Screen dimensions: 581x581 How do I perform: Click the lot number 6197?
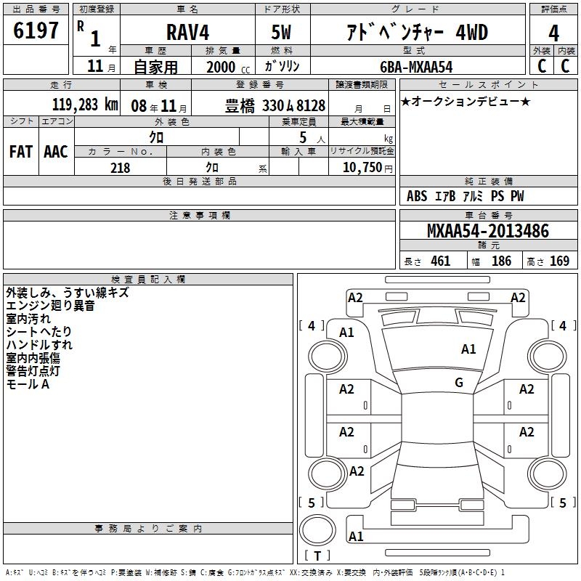[36, 31]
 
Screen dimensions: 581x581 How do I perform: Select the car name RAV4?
[187, 32]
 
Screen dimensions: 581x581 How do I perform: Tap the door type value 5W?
[281, 32]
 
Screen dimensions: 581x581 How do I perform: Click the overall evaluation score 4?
[553, 33]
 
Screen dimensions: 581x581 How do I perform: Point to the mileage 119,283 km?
[85, 105]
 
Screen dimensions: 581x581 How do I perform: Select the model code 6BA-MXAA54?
[416, 67]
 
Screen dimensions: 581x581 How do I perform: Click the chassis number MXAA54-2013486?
[488, 231]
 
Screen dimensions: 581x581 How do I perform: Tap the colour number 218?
[120, 168]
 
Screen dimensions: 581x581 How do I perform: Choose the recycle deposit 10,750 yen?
[367, 168]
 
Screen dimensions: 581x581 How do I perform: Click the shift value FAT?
[21, 152]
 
